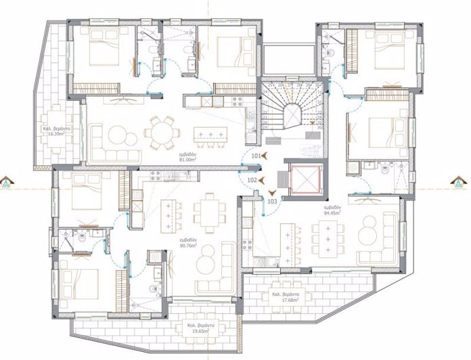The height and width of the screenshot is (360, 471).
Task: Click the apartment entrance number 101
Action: (256, 156)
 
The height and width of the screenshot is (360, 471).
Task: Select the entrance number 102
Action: (252, 180)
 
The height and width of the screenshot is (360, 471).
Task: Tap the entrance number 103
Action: (272, 200)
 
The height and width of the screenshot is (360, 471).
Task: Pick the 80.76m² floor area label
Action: (187, 242)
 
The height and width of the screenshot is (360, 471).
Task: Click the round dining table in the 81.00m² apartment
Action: (161, 131)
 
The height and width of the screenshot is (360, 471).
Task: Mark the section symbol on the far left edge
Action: (7, 182)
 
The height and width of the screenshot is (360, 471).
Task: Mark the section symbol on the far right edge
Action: (461, 181)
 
